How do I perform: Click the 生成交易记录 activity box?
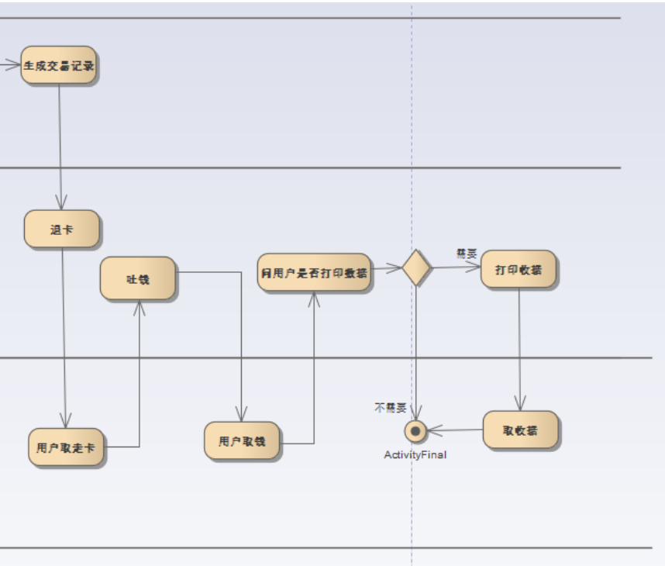point(59,66)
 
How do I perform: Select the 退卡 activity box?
point(62,230)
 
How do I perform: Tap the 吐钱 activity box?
point(138,278)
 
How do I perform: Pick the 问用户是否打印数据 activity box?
point(314,272)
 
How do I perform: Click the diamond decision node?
point(416,267)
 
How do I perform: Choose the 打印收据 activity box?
point(519,270)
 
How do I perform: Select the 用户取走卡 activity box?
point(66,447)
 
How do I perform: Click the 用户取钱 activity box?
point(242,441)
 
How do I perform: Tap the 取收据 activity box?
point(521,430)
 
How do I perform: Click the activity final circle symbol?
point(416,430)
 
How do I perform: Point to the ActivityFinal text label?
point(415,455)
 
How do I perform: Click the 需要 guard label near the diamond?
point(467,254)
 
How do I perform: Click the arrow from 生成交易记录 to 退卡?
point(60,140)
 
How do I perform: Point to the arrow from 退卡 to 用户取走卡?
point(64,333)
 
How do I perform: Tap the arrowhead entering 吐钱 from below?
point(140,307)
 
